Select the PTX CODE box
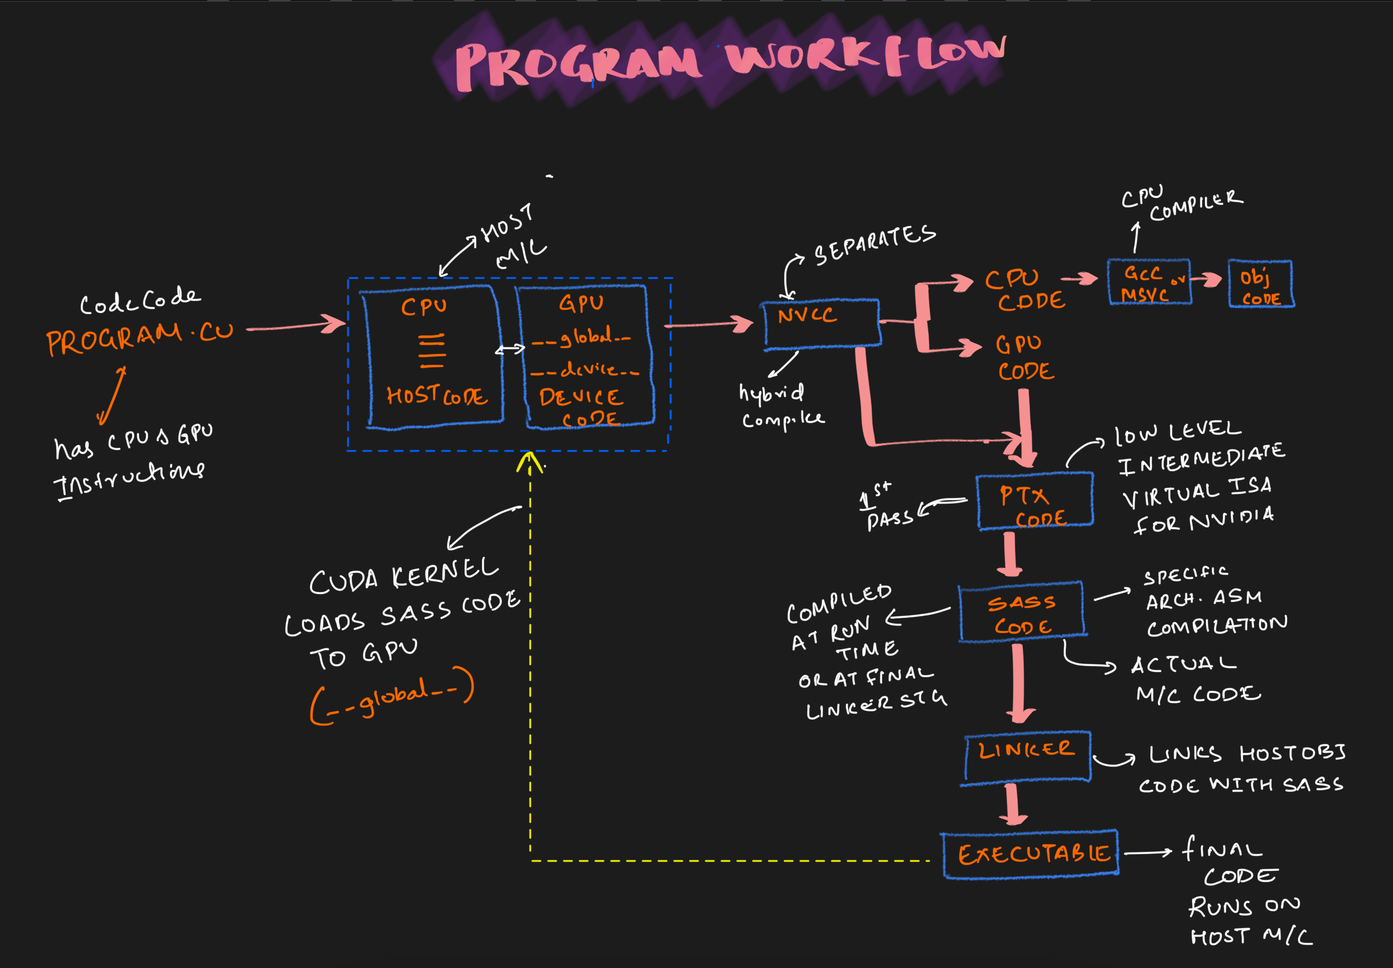[1035, 501]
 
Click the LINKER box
[1027, 756]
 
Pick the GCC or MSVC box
[1149, 282]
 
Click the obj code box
[1261, 284]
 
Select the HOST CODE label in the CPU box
[437, 396]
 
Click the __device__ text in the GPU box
[585, 369]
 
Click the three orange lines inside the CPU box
[432, 350]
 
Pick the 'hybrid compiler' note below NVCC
[779, 407]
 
